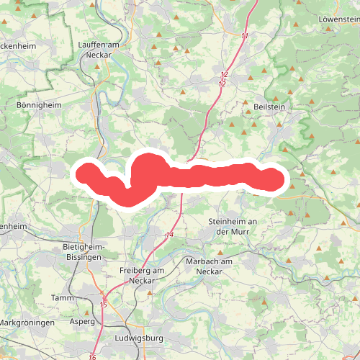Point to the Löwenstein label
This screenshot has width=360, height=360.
click(338, 19)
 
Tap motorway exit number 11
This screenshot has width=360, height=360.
click(245, 36)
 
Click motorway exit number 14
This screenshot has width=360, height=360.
click(170, 235)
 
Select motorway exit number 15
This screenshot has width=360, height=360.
click(104, 305)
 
